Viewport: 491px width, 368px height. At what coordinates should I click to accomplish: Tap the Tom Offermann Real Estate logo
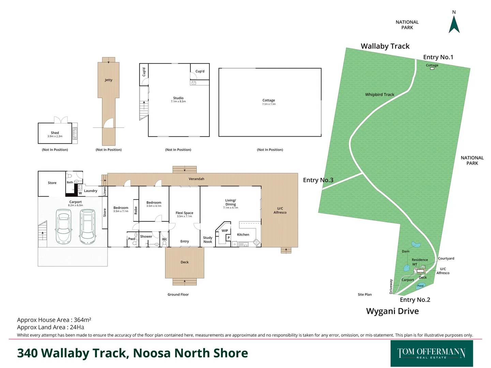click(x=431, y=353)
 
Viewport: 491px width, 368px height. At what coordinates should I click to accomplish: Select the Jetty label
click(x=108, y=80)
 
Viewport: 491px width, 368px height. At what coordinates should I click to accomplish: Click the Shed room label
click(x=55, y=133)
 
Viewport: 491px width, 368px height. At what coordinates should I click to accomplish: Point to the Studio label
click(x=178, y=98)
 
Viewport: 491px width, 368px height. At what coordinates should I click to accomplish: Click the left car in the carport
click(x=63, y=227)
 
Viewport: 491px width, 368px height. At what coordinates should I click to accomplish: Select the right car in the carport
click(x=88, y=227)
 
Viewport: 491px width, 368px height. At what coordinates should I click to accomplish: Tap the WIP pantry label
click(x=225, y=231)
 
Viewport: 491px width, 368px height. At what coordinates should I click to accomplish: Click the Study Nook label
click(x=208, y=240)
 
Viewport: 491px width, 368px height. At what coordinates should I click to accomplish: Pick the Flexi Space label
click(x=184, y=213)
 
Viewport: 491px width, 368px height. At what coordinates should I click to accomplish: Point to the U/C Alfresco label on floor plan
click(x=280, y=210)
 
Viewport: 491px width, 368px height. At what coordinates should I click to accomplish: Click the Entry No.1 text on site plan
click(x=438, y=57)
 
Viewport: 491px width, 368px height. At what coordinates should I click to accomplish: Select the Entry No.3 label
click(x=318, y=180)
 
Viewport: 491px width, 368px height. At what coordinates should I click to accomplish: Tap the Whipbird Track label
click(x=380, y=95)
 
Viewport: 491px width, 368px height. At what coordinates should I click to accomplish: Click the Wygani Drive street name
click(x=392, y=311)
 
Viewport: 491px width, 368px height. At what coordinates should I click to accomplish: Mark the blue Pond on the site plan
click(x=420, y=286)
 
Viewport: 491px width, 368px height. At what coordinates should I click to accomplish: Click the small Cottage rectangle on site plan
click(x=432, y=68)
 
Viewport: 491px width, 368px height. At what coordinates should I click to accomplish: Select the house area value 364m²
click(x=83, y=320)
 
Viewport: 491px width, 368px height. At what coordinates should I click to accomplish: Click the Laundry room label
click(x=90, y=191)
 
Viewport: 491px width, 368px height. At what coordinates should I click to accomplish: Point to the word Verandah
click(x=196, y=179)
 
